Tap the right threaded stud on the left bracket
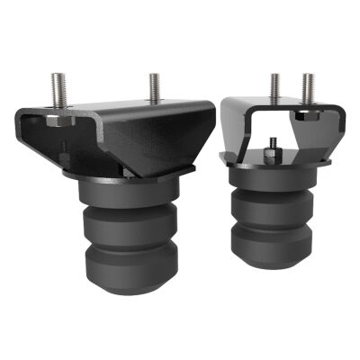pyautogui.click(x=154, y=87)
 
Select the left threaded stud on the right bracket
pyautogui.click(x=274, y=86)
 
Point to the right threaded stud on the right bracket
pyautogui.click(x=309, y=86)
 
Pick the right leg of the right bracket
pyautogui.click(x=328, y=135)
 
